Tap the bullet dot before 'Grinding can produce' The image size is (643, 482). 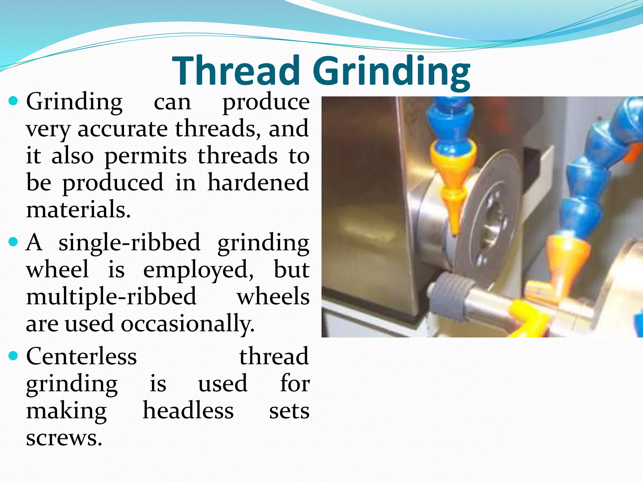pos(14,101)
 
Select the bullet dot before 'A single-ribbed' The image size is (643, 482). pos(14,242)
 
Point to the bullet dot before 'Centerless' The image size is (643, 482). pos(14,356)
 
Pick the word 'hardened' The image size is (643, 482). pos(258,182)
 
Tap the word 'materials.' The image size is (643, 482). pos(78,210)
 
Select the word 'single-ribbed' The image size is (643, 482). pos(129,243)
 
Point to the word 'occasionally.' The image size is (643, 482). pos(187,324)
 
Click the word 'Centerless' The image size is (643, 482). pos(82,356)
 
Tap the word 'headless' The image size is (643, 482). pos(188,411)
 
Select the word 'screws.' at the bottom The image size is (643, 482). pos(64,438)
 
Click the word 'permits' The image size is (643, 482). pos(145,156)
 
